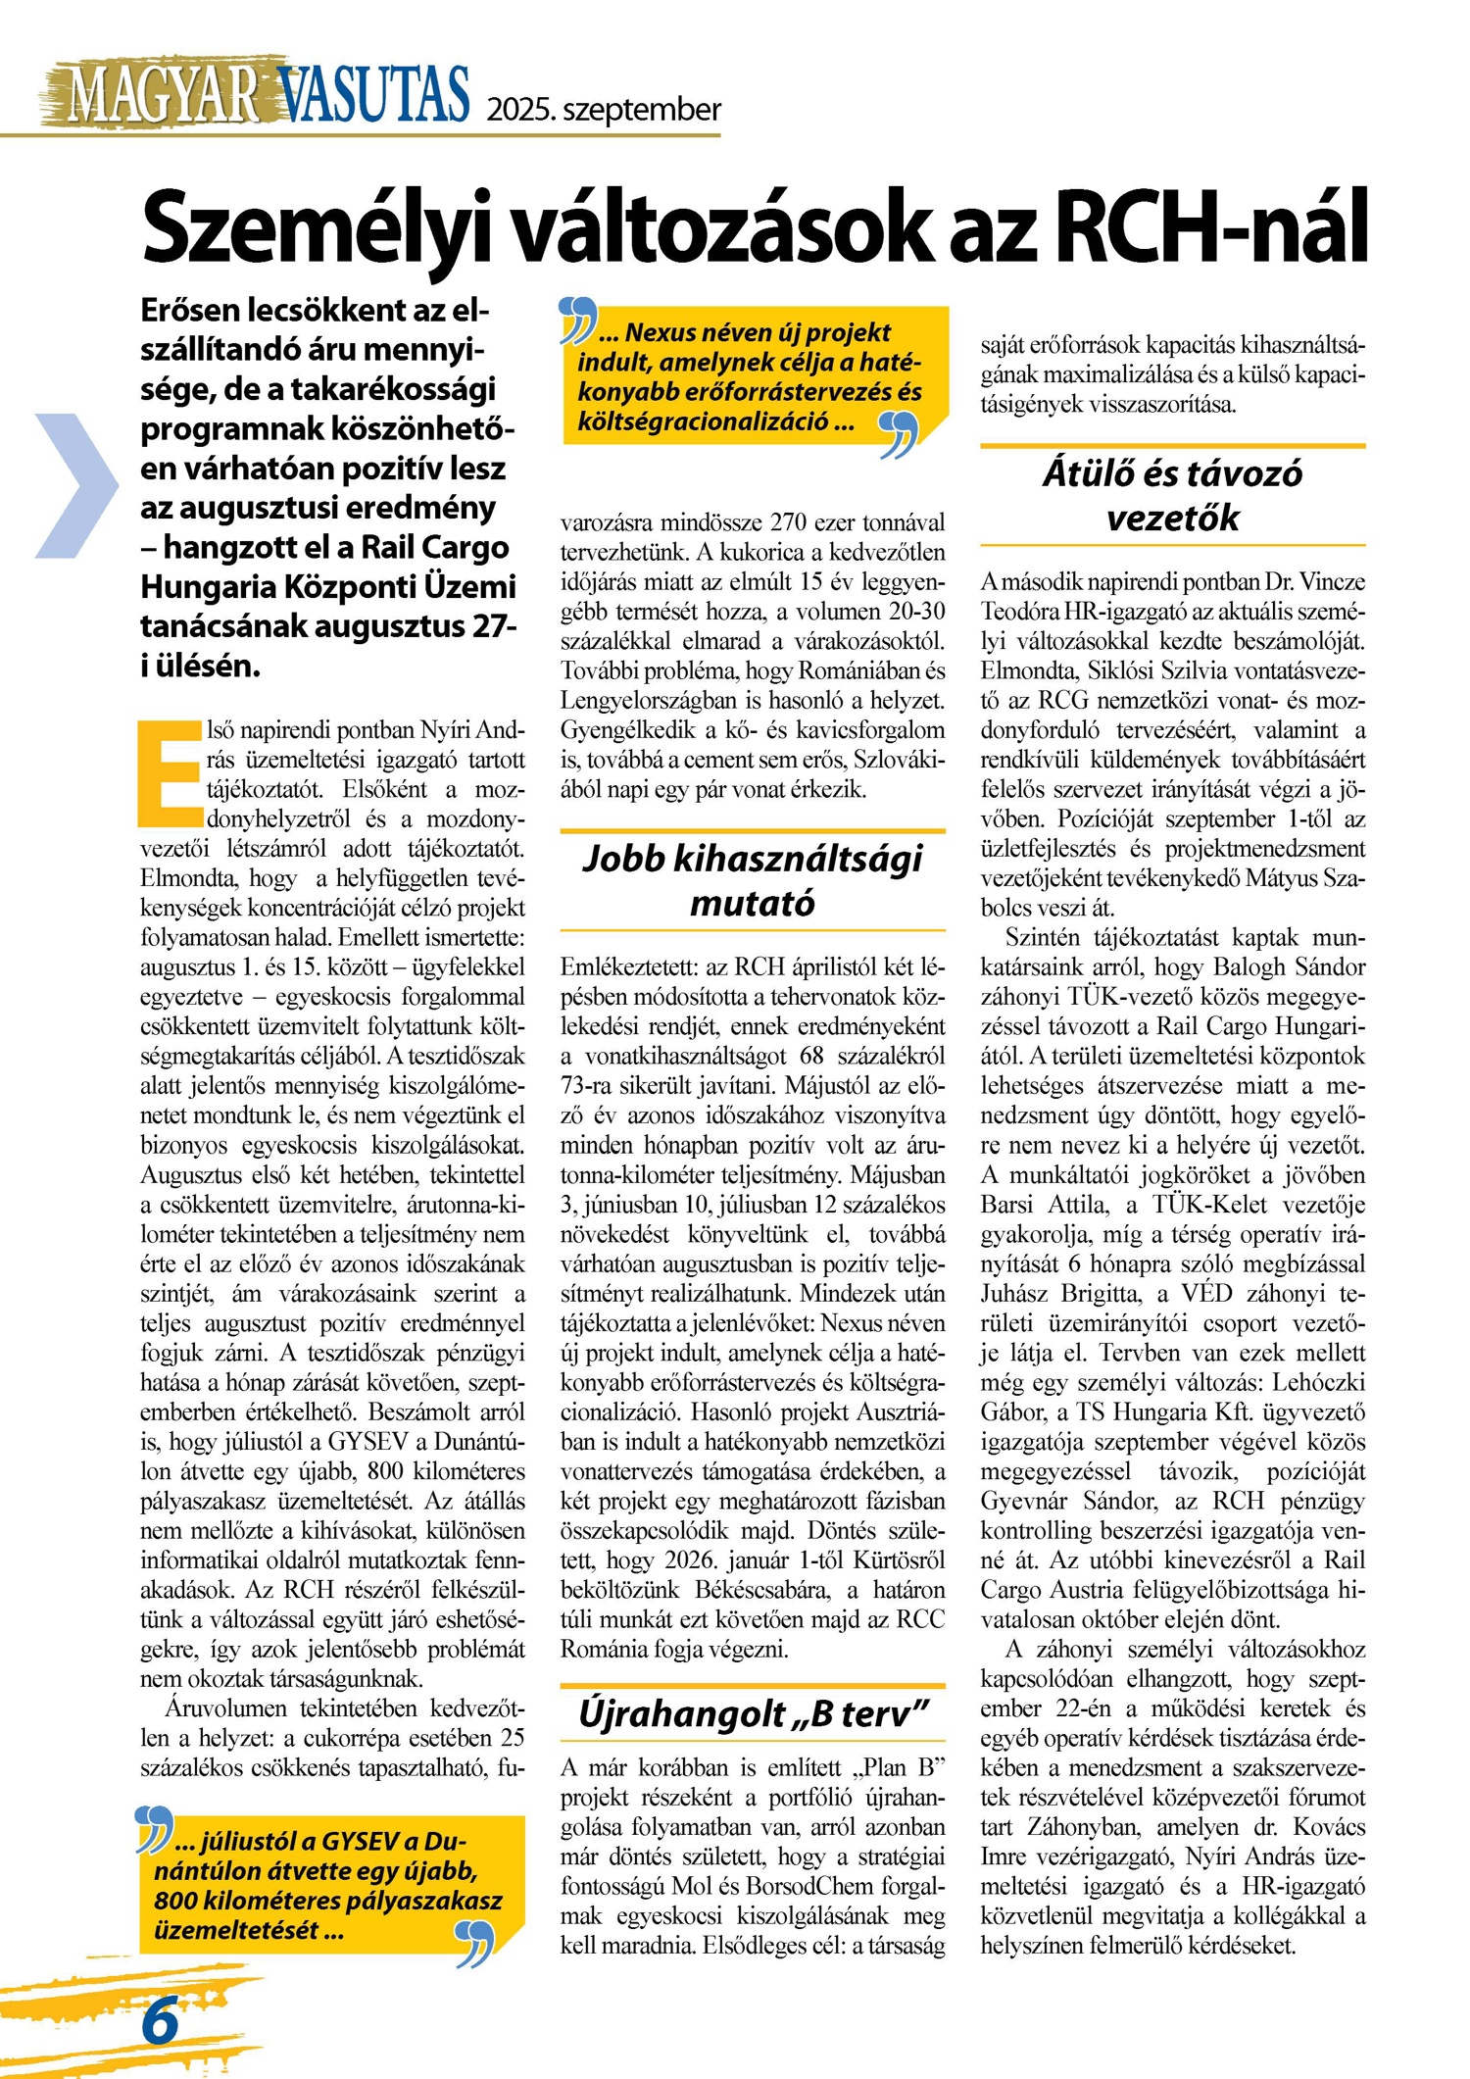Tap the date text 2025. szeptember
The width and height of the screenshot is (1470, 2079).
click(x=604, y=109)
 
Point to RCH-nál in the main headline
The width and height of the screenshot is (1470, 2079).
click(x=1211, y=227)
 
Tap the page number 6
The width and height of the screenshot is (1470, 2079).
click(x=160, y=2021)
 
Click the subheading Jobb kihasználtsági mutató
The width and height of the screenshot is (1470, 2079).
click(x=753, y=879)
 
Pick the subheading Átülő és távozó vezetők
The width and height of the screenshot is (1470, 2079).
click(x=1172, y=495)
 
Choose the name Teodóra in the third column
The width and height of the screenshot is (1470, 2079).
click(x=1025, y=612)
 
